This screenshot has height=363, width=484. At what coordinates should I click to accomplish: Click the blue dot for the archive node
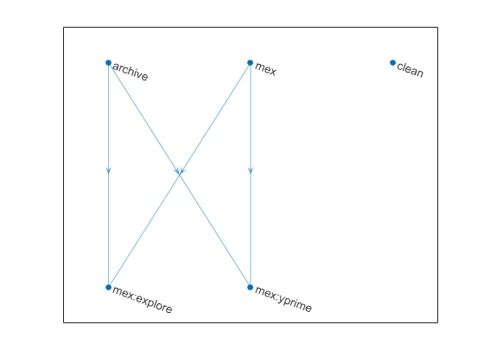108,62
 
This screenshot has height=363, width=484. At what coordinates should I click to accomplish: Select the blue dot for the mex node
251,62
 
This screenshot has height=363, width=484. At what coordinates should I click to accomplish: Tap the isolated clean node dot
392,62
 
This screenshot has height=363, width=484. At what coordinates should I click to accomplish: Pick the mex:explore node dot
108,287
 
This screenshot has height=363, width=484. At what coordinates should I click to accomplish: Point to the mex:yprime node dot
251,287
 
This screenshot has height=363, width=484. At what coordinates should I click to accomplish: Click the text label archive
131,71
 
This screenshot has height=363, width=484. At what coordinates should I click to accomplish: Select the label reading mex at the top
265,69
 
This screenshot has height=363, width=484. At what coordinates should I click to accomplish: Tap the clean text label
410,69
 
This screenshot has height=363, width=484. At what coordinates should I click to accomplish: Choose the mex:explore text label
143,299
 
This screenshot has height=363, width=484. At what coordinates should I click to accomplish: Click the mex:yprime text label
283,299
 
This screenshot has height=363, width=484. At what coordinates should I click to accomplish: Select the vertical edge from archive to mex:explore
108,175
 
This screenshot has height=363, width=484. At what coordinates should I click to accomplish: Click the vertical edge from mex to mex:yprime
251,175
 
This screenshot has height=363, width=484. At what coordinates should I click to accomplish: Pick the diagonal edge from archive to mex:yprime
180,175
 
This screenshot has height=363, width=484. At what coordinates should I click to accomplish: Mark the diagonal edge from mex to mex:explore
180,175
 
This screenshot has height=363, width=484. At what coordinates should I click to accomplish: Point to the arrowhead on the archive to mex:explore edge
108,171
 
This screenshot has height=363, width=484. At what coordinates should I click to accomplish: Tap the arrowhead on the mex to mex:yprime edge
251,171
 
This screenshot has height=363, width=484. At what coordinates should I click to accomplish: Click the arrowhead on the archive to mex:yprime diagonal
177,171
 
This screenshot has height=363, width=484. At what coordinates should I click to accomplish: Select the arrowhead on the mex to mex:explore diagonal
181,171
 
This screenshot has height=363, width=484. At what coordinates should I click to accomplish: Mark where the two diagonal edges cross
180,175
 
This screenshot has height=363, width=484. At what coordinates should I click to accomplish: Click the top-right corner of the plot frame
437,27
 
